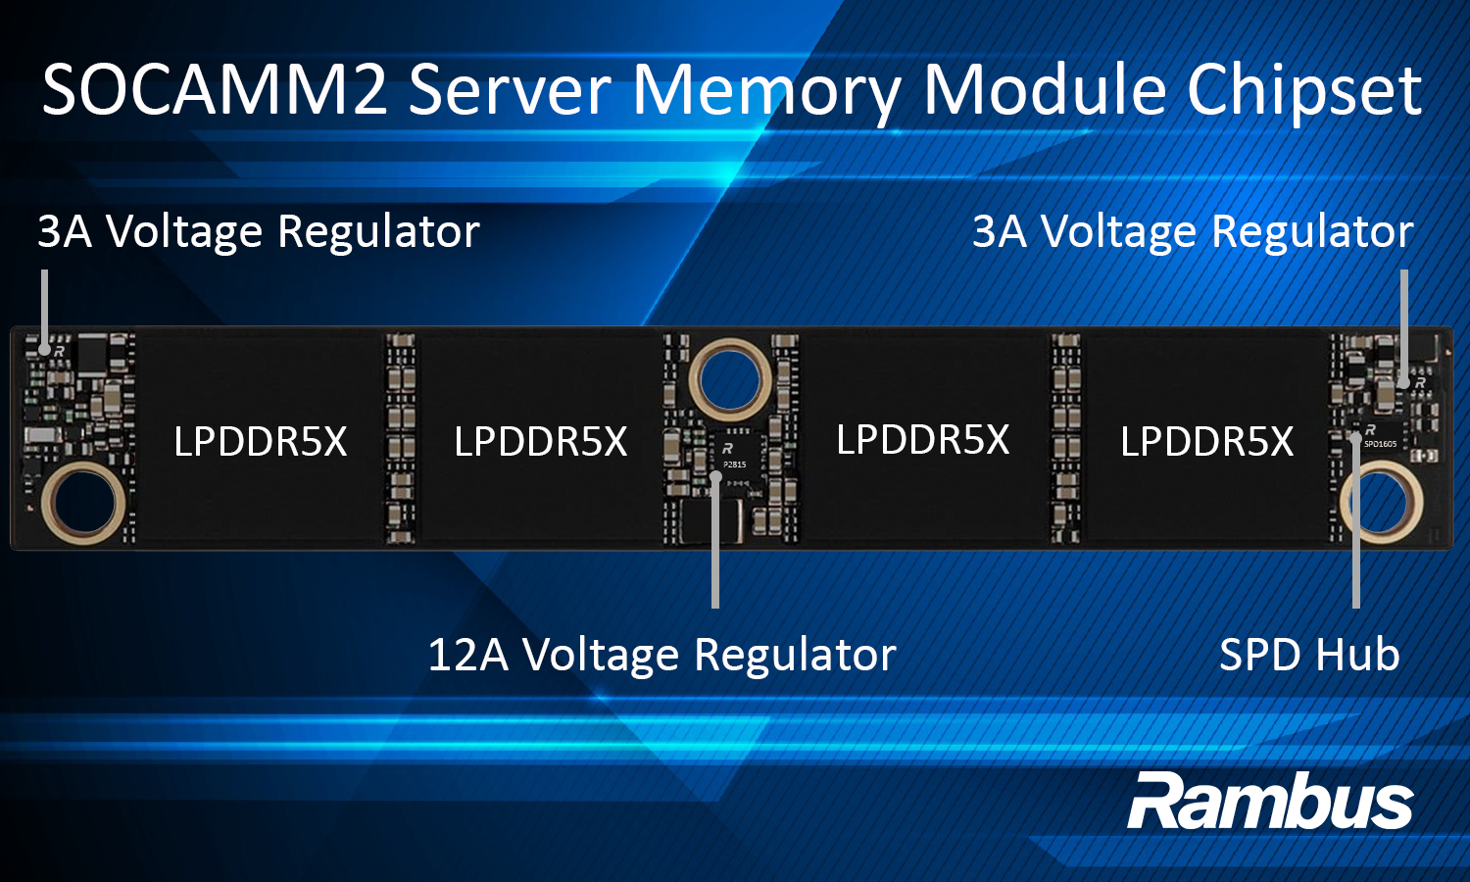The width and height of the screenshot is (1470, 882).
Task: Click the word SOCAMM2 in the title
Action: pos(215,90)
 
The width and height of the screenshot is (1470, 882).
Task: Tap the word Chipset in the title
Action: pos(1304,90)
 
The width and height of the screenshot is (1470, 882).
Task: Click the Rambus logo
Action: pos(1270,802)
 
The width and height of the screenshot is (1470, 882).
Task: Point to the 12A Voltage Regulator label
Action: pos(661,655)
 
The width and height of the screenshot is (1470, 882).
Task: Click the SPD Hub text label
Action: pos(1308,655)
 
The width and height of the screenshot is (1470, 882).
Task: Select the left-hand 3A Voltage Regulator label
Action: pos(259,232)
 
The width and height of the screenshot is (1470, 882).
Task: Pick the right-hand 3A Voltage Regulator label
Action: pos(1193,232)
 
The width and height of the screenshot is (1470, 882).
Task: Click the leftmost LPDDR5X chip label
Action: pos(261,442)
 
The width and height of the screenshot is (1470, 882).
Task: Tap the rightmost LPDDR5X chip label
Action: pos(1206,442)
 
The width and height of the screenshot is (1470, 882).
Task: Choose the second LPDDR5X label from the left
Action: pos(541,442)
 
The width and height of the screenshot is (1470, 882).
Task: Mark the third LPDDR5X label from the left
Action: pos(922,440)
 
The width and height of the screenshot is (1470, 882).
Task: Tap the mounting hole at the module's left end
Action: pos(83,502)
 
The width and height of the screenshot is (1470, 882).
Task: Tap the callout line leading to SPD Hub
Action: pos(1355,529)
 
